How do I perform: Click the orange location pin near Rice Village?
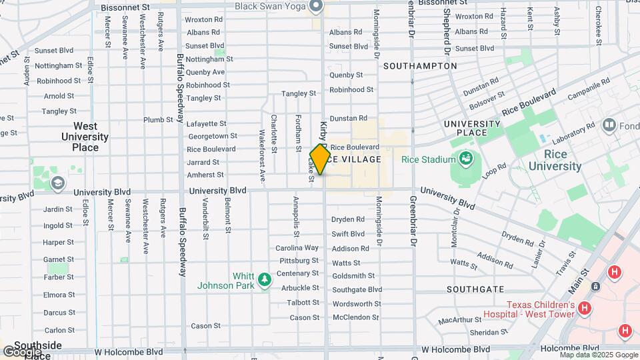[320, 159]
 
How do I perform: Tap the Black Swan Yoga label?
[270, 6]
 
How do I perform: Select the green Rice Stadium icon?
[465, 159]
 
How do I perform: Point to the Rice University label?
[554, 160]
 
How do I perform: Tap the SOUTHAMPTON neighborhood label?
[420, 66]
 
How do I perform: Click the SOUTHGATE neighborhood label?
[475, 289]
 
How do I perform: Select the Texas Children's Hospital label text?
[539, 309]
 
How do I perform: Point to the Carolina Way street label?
[297, 248]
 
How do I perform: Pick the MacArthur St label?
[460, 321]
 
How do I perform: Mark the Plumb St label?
[158, 120]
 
